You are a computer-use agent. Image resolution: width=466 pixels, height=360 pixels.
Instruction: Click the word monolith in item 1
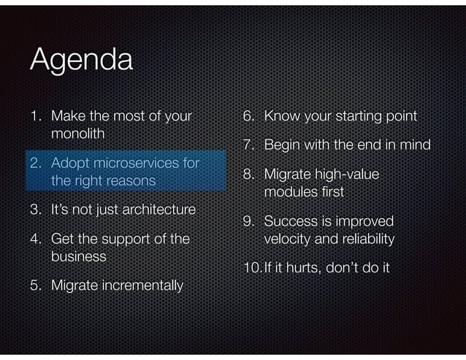tap(78, 134)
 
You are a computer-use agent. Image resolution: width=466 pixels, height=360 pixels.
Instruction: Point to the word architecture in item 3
tap(158, 210)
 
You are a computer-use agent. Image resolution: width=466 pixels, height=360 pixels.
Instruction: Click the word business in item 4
tap(78, 257)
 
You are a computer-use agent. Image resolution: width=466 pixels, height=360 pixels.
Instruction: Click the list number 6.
tap(248, 116)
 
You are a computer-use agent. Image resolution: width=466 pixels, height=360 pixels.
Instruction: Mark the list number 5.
tap(35, 285)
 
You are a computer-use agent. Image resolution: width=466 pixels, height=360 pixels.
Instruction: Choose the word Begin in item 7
tap(283, 145)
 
